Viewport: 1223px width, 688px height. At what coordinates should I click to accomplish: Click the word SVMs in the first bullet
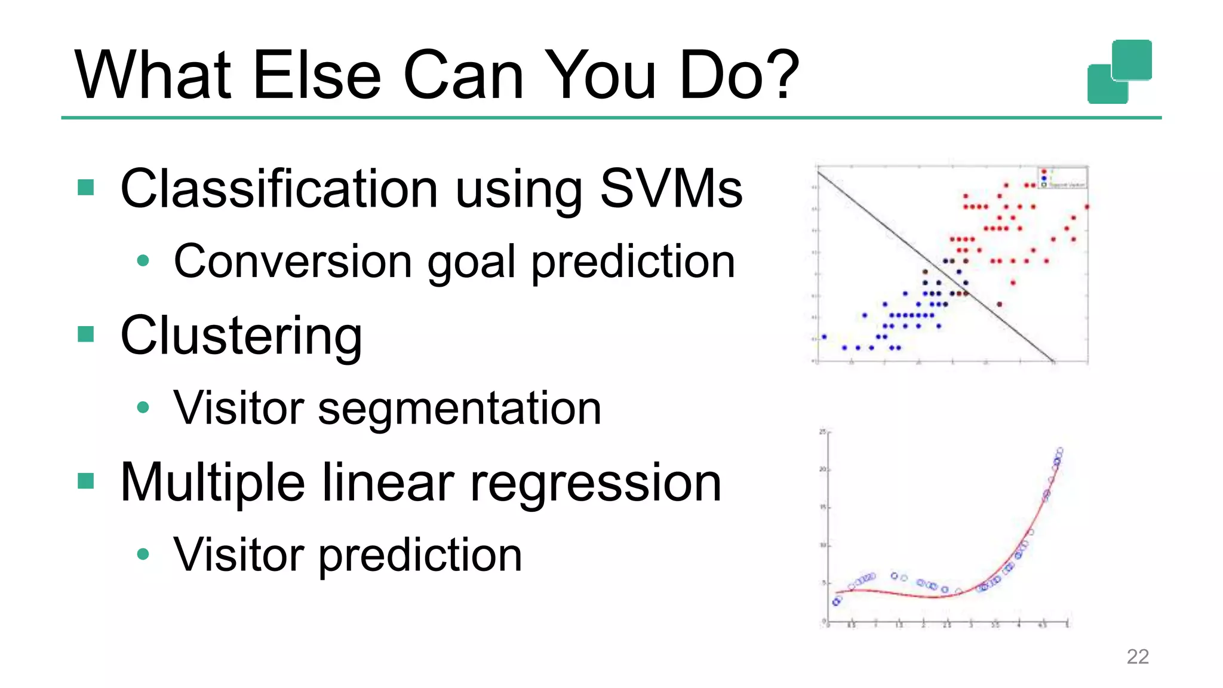[671, 189]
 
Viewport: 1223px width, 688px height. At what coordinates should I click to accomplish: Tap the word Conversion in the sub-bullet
[293, 262]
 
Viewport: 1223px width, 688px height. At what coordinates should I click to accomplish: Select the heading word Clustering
[241, 336]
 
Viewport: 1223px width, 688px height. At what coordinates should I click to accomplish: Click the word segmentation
[459, 408]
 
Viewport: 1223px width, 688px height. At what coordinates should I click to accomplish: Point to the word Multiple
[213, 483]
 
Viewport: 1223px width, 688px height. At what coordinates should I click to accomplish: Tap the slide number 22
[1137, 656]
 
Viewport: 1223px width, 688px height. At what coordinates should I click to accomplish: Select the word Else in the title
[316, 75]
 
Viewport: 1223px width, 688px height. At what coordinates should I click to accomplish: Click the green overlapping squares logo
[1120, 72]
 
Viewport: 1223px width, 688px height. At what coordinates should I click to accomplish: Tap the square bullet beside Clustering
[86, 334]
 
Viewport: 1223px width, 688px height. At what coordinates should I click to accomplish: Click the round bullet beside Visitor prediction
[143, 554]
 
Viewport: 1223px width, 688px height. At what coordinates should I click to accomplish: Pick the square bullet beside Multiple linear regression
[86, 481]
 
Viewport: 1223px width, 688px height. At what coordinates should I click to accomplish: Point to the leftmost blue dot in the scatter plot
[824, 337]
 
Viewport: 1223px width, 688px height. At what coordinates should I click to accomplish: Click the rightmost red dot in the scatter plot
[1087, 207]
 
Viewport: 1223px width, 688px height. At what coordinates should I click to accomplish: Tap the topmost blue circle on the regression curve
[1060, 450]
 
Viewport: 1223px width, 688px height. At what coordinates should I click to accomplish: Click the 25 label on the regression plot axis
[822, 431]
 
